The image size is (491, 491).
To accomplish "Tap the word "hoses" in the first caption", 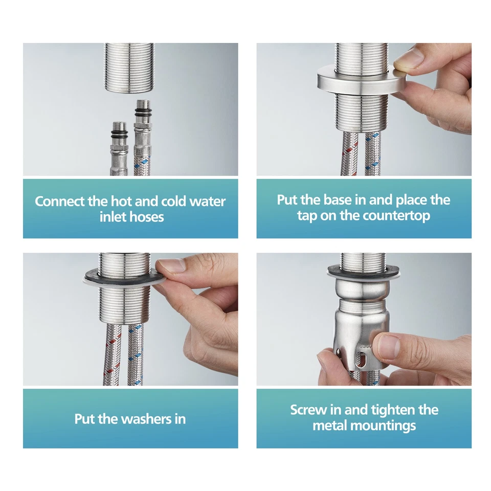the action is [x=147, y=217].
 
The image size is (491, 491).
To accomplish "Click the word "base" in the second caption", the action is [x=337, y=200].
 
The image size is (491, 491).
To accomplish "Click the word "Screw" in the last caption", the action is [x=308, y=410].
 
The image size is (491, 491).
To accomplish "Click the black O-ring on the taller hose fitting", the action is [x=143, y=112].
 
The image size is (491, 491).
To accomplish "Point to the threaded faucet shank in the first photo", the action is [x=129, y=67].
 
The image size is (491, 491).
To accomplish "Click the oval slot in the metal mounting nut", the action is [x=361, y=360].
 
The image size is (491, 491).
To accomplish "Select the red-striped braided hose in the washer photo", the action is [x=112, y=354].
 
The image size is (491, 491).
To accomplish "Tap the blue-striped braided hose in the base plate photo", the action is [x=373, y=153].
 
